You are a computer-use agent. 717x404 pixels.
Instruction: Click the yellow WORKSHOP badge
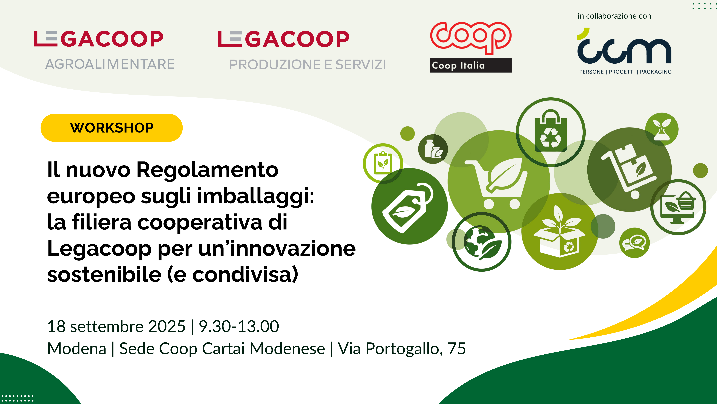[112, 128]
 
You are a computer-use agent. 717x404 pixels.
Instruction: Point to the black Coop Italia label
[471, 65]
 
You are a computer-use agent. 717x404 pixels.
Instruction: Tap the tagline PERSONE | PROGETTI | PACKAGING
[625, 72]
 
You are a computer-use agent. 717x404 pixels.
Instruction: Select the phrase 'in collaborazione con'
[614, 16]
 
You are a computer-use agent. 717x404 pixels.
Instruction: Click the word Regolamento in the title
[207, 170]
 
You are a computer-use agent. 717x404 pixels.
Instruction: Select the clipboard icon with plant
[383, 163]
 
